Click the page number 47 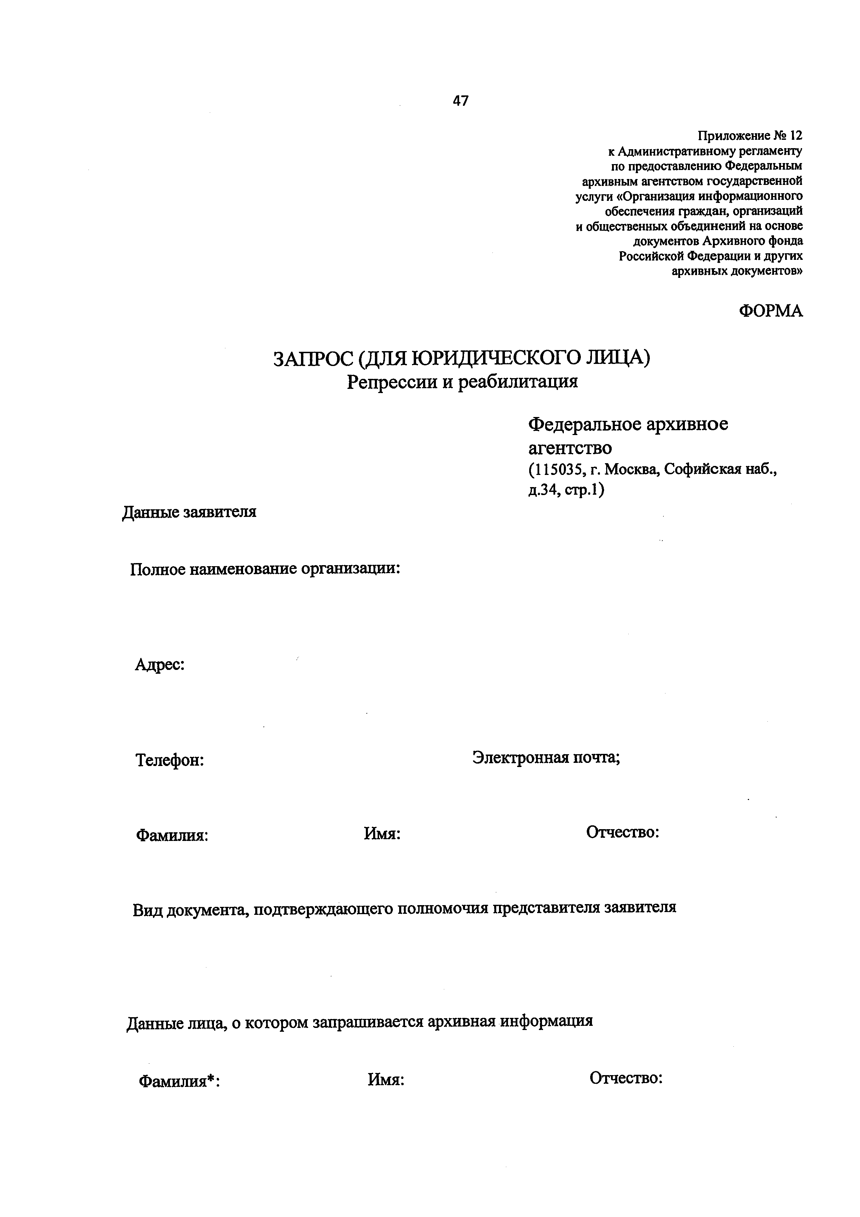tap(461, 101)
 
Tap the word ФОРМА tap(771, 311)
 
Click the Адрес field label tap(160, 664)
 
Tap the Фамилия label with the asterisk tap(179, 1080)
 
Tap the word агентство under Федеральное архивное tap(570, 448)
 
